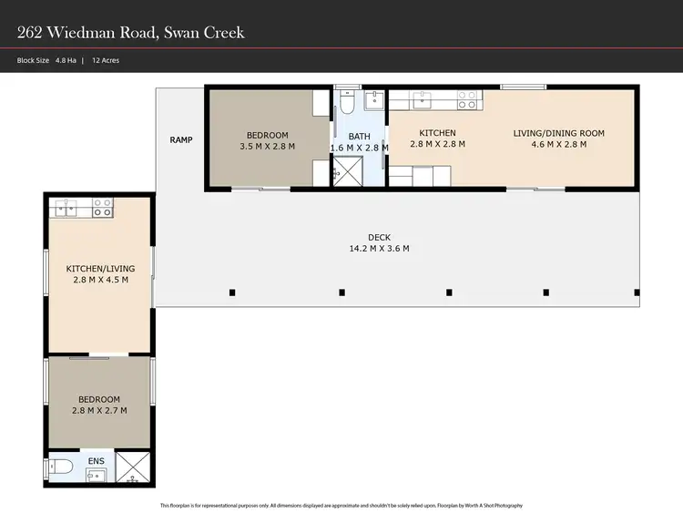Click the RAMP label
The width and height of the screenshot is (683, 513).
tap(181, 139)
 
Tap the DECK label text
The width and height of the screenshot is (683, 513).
tap(379, 237)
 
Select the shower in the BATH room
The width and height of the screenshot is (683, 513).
tap(347, 169)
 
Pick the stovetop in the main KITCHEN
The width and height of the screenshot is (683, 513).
tap(468, 99)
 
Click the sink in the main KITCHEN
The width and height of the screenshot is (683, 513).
tap(425, 98)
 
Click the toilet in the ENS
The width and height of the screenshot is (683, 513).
tap(63, 467)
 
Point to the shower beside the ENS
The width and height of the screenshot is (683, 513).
tap(134, 468)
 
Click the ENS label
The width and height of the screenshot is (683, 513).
tap(97, 461)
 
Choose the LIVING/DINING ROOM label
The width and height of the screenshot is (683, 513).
tap(558, 133)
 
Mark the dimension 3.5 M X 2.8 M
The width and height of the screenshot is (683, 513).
tap(267, 147)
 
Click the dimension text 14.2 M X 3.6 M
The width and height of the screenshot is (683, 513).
tap(379, 248)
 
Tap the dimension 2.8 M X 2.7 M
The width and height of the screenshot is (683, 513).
tap(98, 411)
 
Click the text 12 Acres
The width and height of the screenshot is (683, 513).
tap(106, 60)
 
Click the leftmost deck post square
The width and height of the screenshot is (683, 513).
tap(232, 292)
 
